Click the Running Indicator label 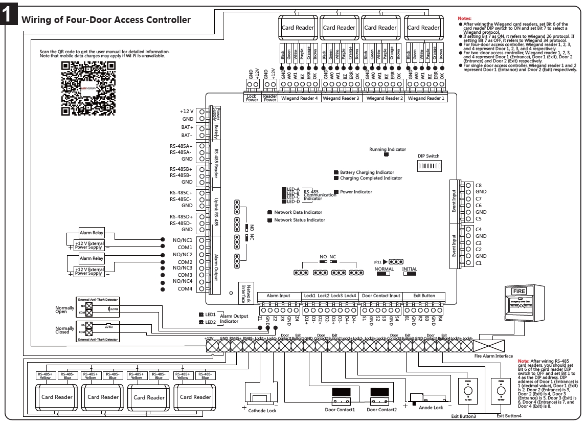(387, 149)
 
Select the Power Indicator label (356, 192)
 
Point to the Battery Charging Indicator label (367, 173)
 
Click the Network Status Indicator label (300, 220)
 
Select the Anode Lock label (431, 408)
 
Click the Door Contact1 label (340, 409)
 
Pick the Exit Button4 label (509, 415)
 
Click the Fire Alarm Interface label (493, 355)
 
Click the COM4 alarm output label (186, 289)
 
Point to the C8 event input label (479, 185)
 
